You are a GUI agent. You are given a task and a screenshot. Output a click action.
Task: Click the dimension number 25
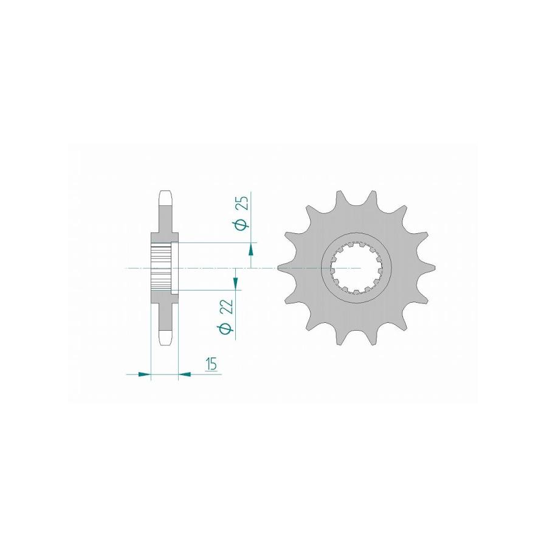click(244, 203)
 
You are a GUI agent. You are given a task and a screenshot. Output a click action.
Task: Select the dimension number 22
click(228, 308)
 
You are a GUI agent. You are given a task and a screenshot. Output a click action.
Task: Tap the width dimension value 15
click(212, 364)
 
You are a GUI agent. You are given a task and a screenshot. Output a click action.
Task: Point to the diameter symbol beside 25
click(243, 225)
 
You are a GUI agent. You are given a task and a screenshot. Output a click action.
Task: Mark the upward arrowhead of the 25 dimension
click(251, 250)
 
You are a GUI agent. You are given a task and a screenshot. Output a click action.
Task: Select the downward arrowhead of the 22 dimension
click(236, 284)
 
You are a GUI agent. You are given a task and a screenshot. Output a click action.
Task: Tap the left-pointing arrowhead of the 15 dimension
click(185, 374)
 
